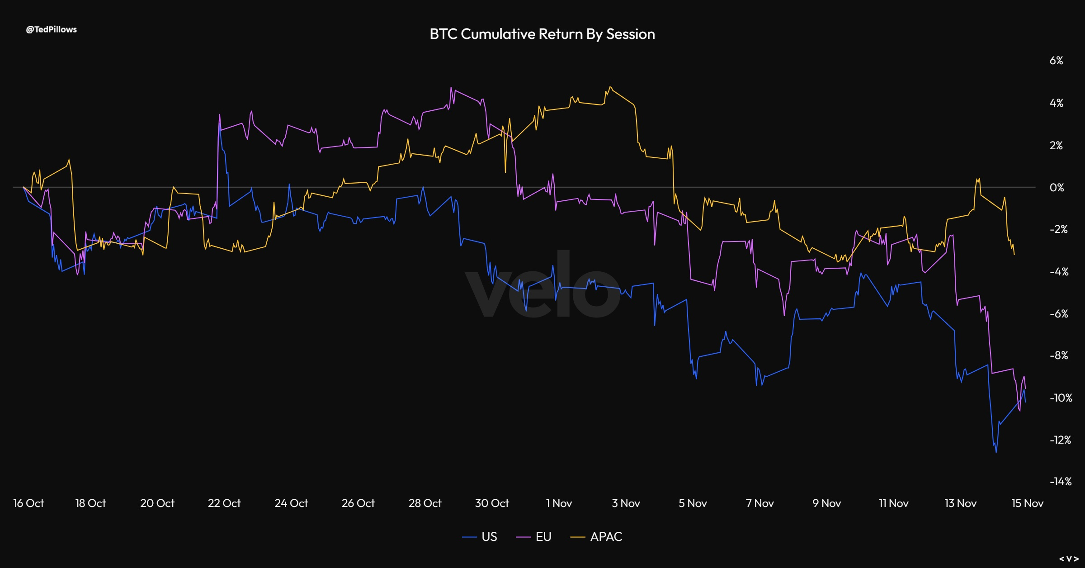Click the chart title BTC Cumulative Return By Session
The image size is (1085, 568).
pyautogui.click(x=542, y=34)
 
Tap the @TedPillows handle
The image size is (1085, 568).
pyautogui.click(x=51, y=29)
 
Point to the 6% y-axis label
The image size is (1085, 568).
pyautogui.click(x=1056, y=61)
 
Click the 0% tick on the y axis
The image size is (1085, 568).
pyautogui.click(x=1057, y=187)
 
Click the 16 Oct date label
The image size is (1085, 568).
pyautogui.click(x=28, y=503)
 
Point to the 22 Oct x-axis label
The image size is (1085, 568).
pyautogui.click(x=224, y=503)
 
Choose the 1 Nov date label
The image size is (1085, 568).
pyautogui.click(x=559, y=503)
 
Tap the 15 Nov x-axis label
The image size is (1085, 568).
pyautogui.click(x=1028, y=503)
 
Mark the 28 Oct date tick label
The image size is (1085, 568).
pyautogui.click(x=425, y=503)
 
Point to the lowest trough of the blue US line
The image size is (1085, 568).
pyautogui.click(x=996, y=452)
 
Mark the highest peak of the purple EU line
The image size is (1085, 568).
pyautogui.click(x=451, y=88)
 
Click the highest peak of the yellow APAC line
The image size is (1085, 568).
pyautogui.click(x=610, y=87)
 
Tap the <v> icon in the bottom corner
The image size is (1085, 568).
pyautogui.click(x=1069, y=559)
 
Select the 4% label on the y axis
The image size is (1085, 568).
pyautogui.click(x=1056, y=103)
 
